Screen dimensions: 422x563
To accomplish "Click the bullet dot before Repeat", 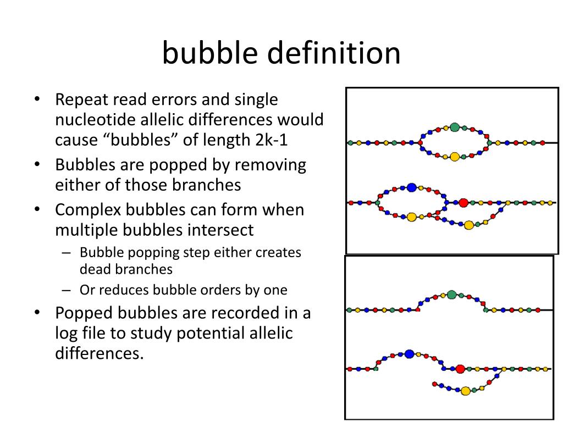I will pos(36,101).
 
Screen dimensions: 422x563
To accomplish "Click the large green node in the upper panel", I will pos(455,127).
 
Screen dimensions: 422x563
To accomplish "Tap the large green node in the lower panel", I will pos(452,295).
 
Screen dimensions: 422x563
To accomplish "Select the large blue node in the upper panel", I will pos(412,188).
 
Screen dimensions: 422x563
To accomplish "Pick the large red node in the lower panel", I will pos(461,369).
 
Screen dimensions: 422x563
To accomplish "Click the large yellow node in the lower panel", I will pos(466,391).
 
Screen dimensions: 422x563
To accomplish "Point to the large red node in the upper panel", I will pos(463,203).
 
